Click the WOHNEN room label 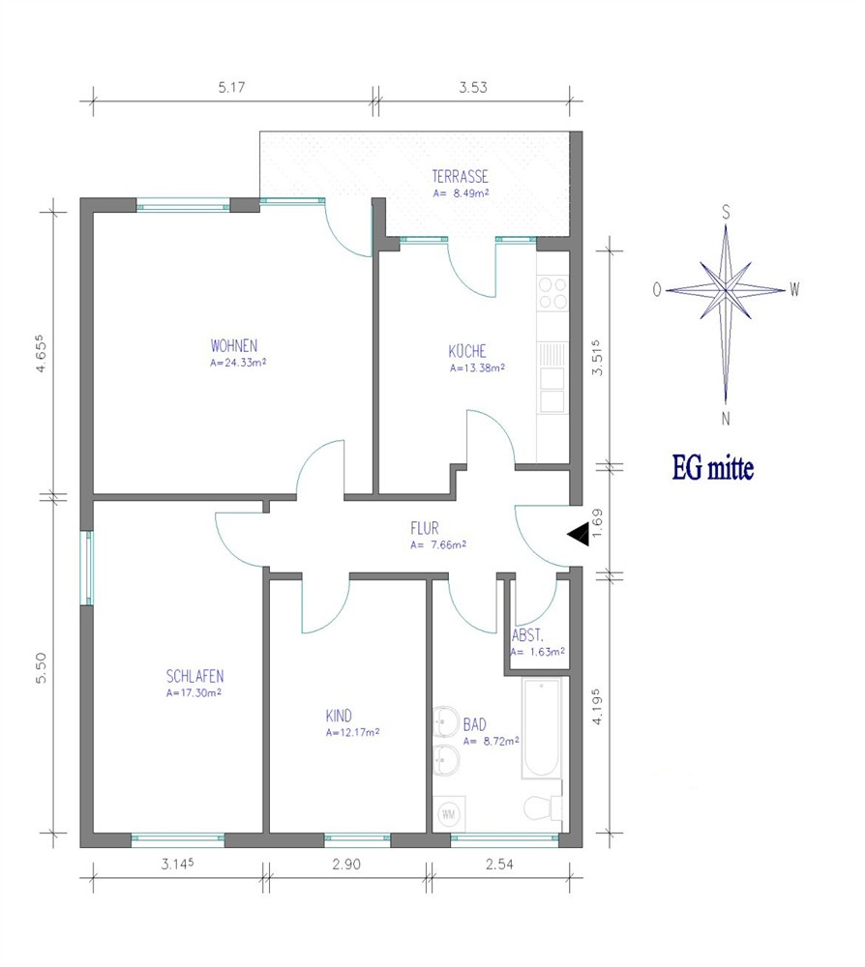[x=234, y=345]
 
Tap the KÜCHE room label [x=467, y=351]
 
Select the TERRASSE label [x=461, y=177]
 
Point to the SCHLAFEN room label [x=195, y=677]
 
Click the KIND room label [x=339, y=716]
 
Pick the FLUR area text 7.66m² [x=444, y=545]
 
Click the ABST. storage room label [x=527, y=636]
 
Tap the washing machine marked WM [x=449, y=814]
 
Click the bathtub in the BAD [x=542, y=728]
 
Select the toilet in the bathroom [x=543, y=808]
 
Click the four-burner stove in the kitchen [x=552, y=293]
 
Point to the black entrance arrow [x=579, y=534]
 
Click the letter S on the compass [x=726, y=213]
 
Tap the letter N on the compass [x=726, y=419]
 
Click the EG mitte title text [x=712, y=468]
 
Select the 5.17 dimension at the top [x=231, y=88]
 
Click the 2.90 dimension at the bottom [x=346, y=864]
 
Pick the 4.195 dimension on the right [x=597, y=707]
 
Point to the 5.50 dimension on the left [x=41, y=668]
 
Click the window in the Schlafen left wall [x=87, y=568]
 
